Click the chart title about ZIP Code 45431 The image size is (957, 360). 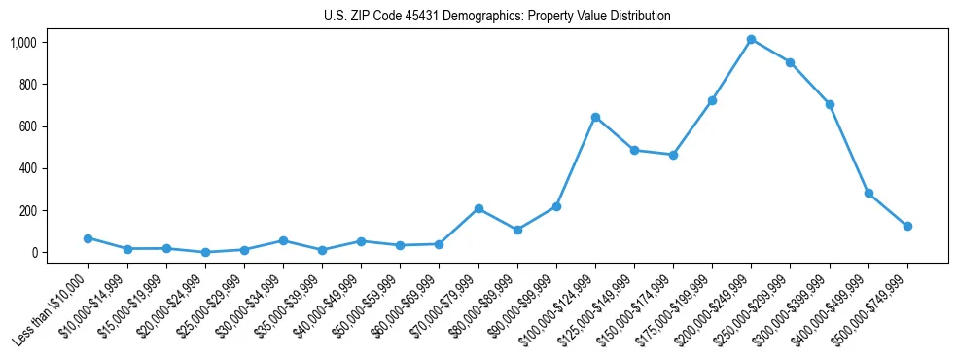pyautogui.click(x=497, y=17)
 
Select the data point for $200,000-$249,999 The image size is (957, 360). pyautogui.click(x=752, y=39)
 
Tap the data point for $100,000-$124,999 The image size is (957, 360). pyautogui.click(x=595, y=117)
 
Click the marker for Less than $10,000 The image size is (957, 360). pyautogui.click(x=89, y=238)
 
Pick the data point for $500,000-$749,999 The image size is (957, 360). pyautogui.click(x=907, y=226)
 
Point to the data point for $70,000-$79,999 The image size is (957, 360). pyautogui.click(x=478, y=208)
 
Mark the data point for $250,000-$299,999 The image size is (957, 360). pyautogui.click(x=791, y=62)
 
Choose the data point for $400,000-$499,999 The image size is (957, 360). pyautogui.click(x=868, y=193)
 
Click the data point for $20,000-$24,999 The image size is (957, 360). pyautogui.click(x=205, y=252)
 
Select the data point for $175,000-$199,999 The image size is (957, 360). pyautogui.click(x=713, y=100)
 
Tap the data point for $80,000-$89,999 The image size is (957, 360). pyautogui.click(x=517, y=230)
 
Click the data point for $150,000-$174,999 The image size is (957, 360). pyautogui.click(x=673, y=155)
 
